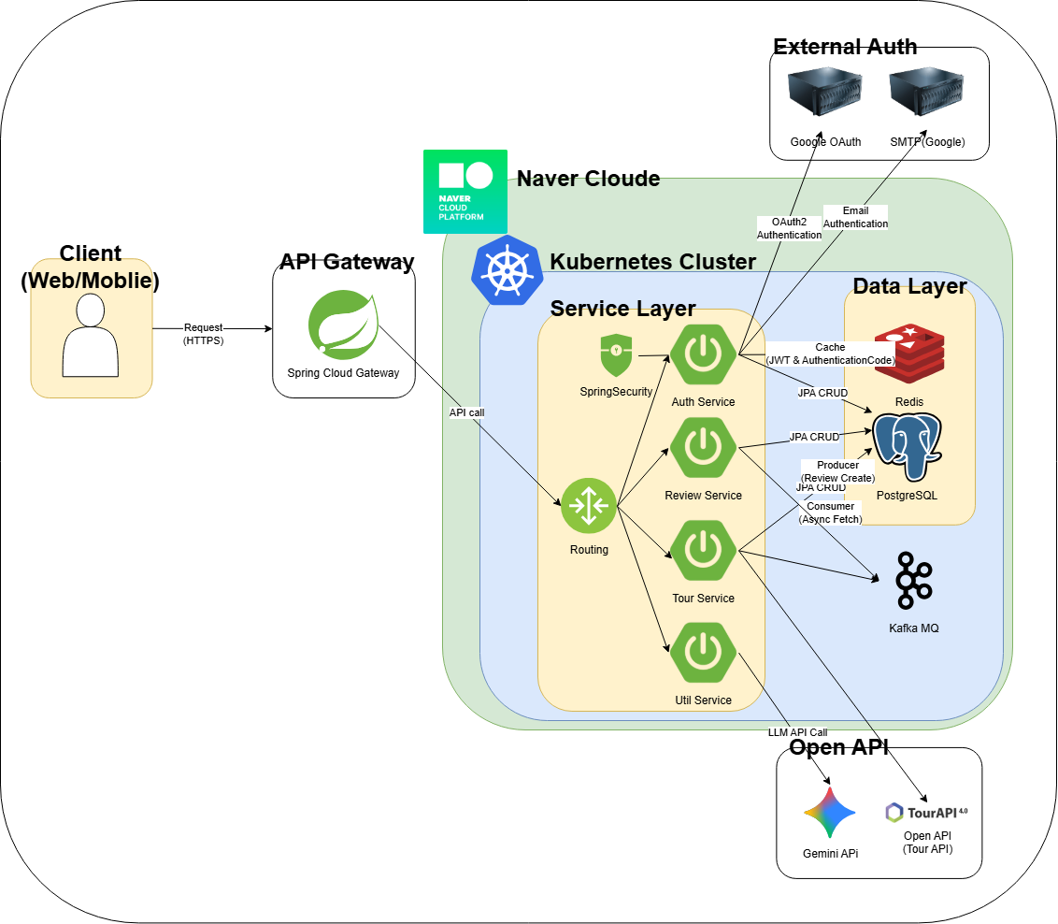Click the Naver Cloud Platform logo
pyautogui.click(x=465, y=191)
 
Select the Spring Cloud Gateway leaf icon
pyautogui.click(x=343, y=325)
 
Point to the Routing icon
pyautogui.click(x=589, y=506)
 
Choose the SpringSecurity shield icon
pyautogui.click(x=616, y=355)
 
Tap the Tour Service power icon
pyautogui.click(x=703, y=551)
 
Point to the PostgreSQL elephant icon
pyautogui.click(x=907, y=446)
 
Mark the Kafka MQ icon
pyautogui.click(x=913, y=581)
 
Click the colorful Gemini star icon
pyautogui.click(x=830, y=812)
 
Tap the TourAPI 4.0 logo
pyautogui.click(x=926, y=813)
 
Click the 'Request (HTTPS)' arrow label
pyautogui.click(x=204, y=334)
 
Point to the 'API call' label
pyautogui.click(x=466, y=411)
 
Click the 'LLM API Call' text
pyautogui.click(x=797, y=732)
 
